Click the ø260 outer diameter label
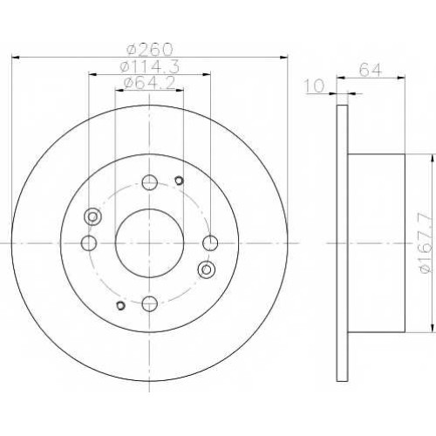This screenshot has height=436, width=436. click(x=150, y=49)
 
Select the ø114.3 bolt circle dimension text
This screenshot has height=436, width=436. click(x=150, y=67)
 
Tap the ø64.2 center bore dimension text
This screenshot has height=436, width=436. click(x=150, y=84)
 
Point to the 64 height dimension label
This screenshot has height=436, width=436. click(x=370, y=70)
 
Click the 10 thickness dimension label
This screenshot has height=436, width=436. click(x=314, y=86)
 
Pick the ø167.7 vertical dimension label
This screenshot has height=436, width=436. click(x=426, y=242)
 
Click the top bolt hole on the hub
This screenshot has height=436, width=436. click(x=150, y=182)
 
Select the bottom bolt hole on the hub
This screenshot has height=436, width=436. click(x=150, y=303)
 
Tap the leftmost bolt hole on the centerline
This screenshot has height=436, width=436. click(x=89, y=243)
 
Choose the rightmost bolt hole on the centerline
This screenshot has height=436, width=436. click(x=210, y=243)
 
